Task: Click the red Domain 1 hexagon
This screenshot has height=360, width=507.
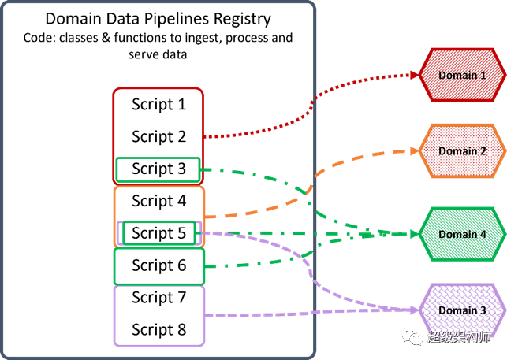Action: [x=462, y=76]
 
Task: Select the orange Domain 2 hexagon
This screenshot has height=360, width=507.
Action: [x=462, y=151]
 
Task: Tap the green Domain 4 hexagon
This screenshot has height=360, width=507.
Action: [x=462, y=234]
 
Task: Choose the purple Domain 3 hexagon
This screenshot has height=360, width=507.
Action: [x=462, y=310]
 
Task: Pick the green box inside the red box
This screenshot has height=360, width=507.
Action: [x=158, y=169]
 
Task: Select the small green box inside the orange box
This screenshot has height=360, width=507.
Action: [x=158, y=233]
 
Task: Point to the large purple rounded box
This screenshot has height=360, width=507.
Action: [x=158, y=315]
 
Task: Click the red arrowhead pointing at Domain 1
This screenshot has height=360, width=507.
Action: [x=416, y=76]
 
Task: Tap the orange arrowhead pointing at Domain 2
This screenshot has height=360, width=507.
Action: [x=416, y=151]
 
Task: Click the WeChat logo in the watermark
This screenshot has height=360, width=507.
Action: [x=412, y=336]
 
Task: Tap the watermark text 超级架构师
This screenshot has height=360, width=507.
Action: [x=459, y=337]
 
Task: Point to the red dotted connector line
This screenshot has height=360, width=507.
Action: [x=315, y=102]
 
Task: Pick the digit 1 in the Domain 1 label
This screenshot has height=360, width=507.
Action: [x=483, y=76]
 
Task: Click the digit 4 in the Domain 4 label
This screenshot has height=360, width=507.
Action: [x=483, y=234]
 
